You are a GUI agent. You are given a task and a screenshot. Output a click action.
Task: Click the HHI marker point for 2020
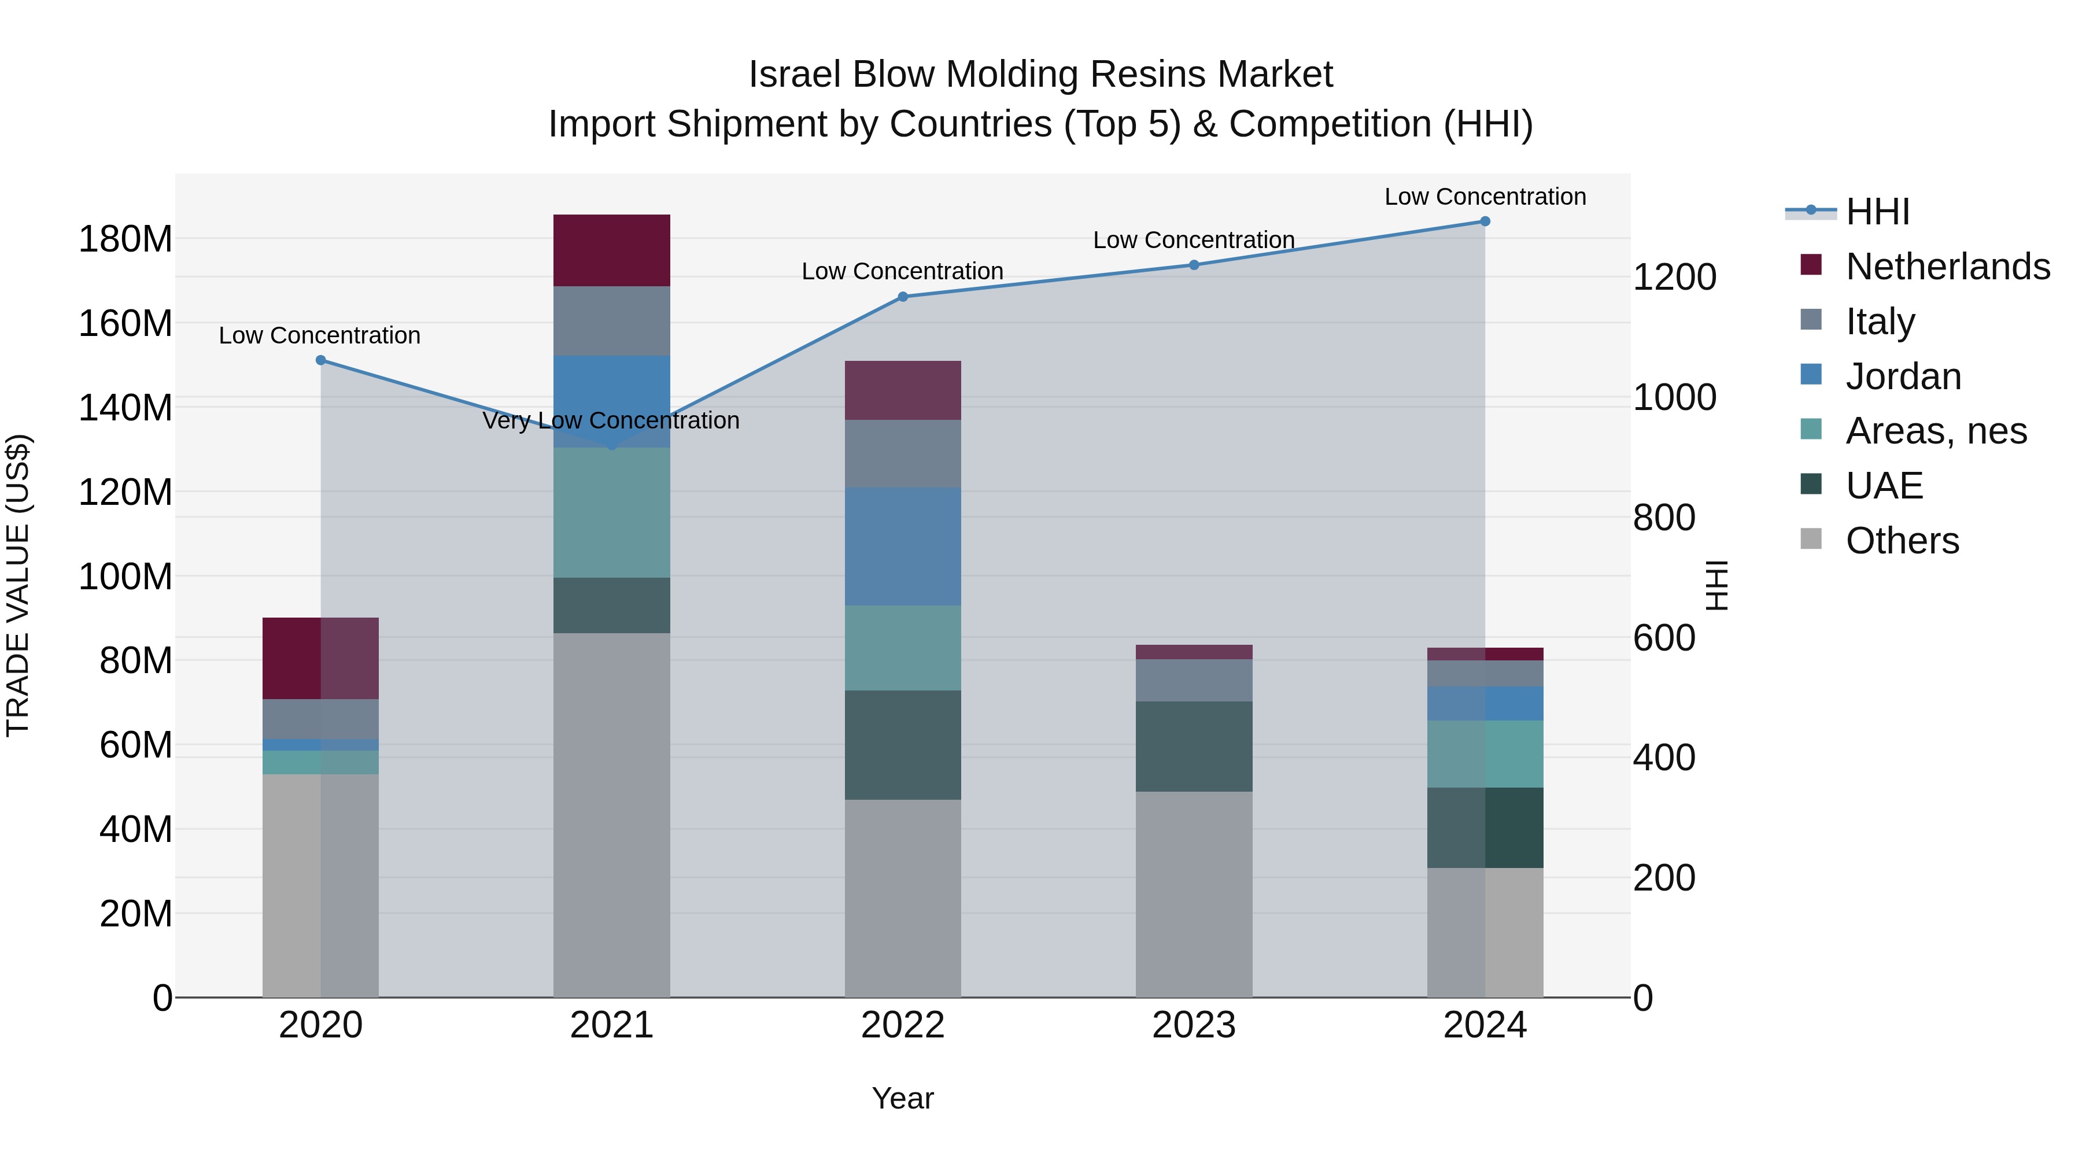pos(321,360)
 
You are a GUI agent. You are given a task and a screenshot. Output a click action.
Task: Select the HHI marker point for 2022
pos(903,297)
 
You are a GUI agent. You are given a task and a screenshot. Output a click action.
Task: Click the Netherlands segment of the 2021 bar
pos(612,250)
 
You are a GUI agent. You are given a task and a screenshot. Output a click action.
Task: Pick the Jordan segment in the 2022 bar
pos(903,546)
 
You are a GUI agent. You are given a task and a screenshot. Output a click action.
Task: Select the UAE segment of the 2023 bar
pos(1194,746)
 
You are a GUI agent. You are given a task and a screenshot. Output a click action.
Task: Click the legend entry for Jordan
pos(1903,376)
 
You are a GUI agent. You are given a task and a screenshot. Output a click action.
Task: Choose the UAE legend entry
pos(1883,486)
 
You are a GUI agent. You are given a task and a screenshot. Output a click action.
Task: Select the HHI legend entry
pos(1877,212)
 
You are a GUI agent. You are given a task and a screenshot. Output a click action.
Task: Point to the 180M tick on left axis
pos(125,239)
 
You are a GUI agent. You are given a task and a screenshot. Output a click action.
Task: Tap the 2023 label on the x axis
pos(1194,1025)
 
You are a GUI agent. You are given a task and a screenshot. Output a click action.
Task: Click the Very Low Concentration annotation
pos(611,420)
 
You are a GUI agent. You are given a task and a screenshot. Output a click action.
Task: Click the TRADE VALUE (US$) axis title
pos(18,585)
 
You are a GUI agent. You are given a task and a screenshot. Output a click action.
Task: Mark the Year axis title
pos(903,1098)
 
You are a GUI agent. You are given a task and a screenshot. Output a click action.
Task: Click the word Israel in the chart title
pos(795,75)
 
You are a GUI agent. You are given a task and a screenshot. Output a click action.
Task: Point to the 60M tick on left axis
pos(136,744)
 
